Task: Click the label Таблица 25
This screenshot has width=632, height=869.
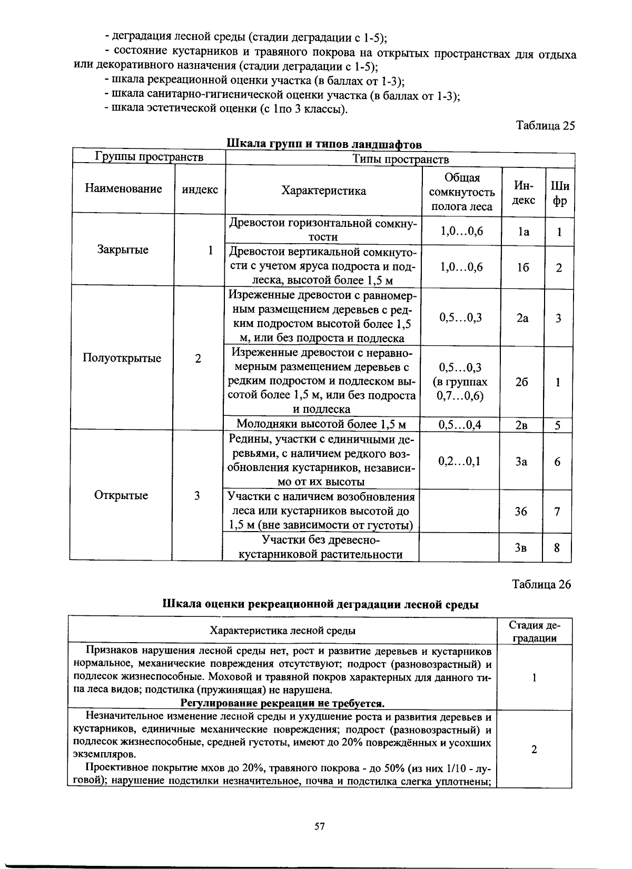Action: point(545,126)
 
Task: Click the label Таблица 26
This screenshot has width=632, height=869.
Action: point(541,584)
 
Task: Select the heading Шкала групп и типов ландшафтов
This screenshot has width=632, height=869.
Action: point(324,144)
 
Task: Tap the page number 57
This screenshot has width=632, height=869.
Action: point(320,826)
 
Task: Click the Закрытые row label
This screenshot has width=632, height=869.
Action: point(123,249)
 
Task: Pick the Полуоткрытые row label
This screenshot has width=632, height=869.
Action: point(122,358)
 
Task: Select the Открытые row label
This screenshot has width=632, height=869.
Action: point(121,495)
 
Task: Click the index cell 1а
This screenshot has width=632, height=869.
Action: point(522,232)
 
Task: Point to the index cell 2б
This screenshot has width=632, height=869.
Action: point(521,382)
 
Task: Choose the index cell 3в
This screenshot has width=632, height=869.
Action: point(520,548)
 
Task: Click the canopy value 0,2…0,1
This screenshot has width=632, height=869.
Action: point(459,461)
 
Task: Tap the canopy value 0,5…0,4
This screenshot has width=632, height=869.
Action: point(460,425)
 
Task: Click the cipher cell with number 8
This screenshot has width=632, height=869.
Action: point(557,548)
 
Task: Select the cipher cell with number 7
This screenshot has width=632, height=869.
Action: point(557,511)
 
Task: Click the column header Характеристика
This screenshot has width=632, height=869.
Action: point(323,191)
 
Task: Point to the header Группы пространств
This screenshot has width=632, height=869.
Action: point(149,157)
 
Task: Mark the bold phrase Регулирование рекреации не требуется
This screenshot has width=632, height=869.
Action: point(283,704)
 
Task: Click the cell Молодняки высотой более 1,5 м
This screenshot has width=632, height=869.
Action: point(321,424)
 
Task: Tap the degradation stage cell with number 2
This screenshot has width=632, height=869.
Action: point(534,750)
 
